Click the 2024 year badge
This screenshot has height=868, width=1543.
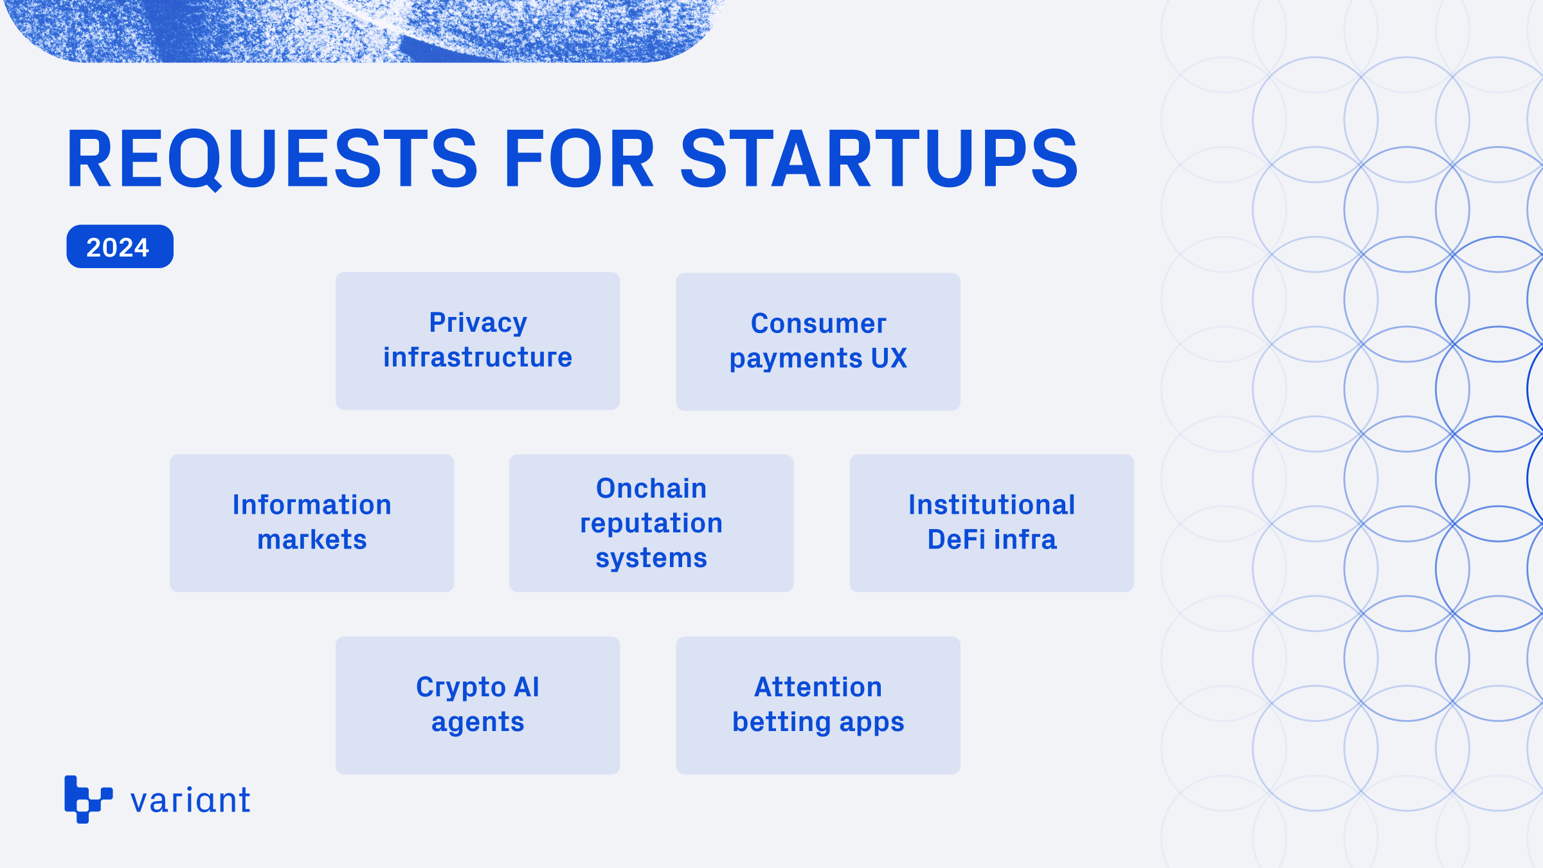120,246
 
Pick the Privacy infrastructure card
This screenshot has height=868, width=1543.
478,341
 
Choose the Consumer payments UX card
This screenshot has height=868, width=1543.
818,342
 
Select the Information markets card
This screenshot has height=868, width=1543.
312,523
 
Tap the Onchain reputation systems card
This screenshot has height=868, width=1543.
651,523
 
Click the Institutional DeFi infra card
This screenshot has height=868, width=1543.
991,523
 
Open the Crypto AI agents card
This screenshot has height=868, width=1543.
478,705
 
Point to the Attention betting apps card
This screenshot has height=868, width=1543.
818,705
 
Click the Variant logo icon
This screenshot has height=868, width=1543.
89,799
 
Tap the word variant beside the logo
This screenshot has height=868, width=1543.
190,800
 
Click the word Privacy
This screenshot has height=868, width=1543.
478,323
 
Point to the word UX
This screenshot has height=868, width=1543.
889,358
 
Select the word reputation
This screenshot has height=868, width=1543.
651,524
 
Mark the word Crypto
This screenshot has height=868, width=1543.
460,688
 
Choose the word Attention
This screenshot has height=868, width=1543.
818,687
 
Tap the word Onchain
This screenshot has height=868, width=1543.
651,489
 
